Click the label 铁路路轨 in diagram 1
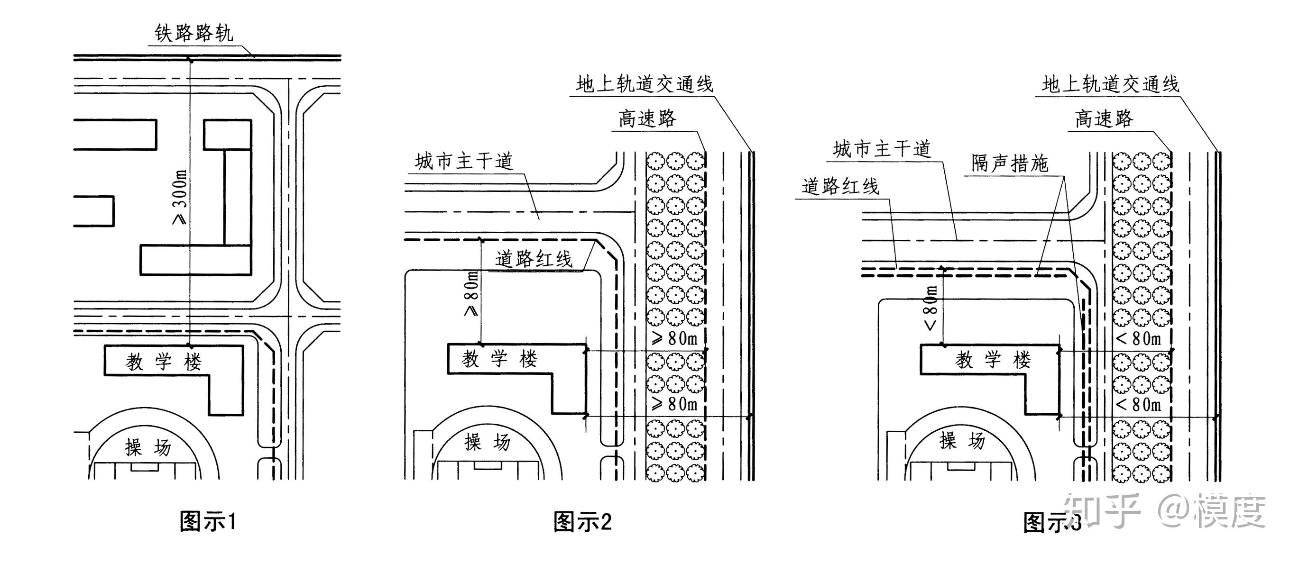pyautogui.click(x=193, y=33)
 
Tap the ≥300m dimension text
pyautogui.click(x=180, y=197)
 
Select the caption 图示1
pyautogui.click(x=208, y=521)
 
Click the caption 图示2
pyautogui.click(x=582, y=522)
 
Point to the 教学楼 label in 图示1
pyautogui.click(x=164, y=362)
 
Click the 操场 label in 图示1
pyautogui.click(x=148, y=447)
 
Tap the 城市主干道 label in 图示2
pyautogui.click(x=464, y=162)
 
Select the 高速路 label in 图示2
pyautogui.click(x=647, y=119)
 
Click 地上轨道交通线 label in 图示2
pyautogui.click(x=645, y=84)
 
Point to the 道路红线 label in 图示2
pyautogui.click(x=534, y=259)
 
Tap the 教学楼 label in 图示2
pyautogui.click(x=500, y=359)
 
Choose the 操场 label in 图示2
pyautogui.click(x=487, y=442)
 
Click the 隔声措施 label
pyautogui.click(x=1010, y=163)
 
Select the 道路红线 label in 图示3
pyautogui.click(x=840, y=187)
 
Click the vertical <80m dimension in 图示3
pyautogui.click(x=931, y=308)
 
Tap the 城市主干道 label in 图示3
pyautogui.click(x=882, y=149)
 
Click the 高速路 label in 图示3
pyautogui.click(x=1104, y=119)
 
